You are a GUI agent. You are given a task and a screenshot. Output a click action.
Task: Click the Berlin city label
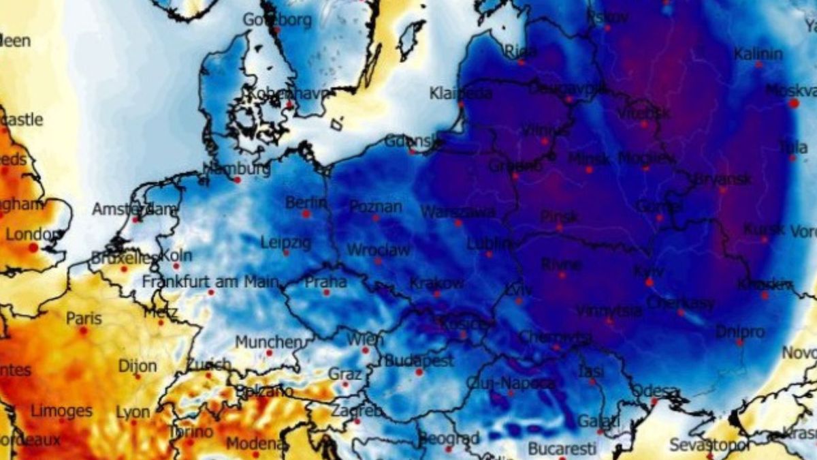(306, 202)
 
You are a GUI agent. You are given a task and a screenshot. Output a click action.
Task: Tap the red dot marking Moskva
(794, 103)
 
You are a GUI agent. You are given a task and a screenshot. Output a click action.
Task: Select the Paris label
(84, 318)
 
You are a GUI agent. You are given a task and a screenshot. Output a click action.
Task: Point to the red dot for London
(33, 247)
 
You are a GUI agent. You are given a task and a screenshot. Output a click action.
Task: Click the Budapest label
(419, 361)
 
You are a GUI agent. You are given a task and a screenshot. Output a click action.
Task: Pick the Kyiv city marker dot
(650, 281)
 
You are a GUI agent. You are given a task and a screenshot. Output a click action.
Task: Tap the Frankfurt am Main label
(210, 281)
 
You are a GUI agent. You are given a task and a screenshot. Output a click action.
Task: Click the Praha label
(325, 281)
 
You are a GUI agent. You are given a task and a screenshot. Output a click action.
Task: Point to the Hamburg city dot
(237, 180)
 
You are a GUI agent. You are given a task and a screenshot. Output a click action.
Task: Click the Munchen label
(268, 341)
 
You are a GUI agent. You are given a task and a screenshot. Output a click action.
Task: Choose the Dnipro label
(740, 332)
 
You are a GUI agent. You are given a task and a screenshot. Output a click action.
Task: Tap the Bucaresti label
(562, 449)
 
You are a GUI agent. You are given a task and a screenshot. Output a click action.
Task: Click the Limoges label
(61, 411)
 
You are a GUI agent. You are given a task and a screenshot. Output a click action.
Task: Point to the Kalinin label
(758, 54)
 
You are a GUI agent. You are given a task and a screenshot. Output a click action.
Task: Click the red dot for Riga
(521, 62)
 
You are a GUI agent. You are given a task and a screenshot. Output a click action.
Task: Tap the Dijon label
(138, 366)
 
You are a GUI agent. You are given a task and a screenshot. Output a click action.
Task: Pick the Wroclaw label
(379, 249)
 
